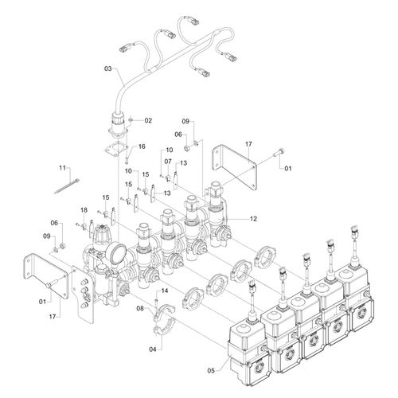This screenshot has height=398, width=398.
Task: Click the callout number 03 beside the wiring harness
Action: [107, 68]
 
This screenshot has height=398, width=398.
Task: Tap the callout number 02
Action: [148, 120]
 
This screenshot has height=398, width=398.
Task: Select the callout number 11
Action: [62, 168]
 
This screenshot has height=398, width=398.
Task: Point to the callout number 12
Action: [253, 219]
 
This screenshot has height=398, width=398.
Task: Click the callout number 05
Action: [211, 371]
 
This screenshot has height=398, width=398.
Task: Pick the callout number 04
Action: [153, 349]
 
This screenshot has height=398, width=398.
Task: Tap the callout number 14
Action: [165, 291]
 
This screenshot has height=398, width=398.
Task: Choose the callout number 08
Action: [140, 308]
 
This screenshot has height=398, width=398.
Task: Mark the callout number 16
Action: [142, 146]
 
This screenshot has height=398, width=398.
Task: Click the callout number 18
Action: [84, 210]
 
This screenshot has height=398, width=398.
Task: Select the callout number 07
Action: [168, 162]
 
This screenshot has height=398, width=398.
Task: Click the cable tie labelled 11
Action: [67, 186]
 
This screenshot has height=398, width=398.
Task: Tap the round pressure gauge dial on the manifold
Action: [116, 254]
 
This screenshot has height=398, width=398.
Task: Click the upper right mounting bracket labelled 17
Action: [233, 166]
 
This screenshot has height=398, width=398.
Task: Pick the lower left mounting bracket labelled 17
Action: [45, 276]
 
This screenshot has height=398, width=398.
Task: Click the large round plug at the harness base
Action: [118, 124]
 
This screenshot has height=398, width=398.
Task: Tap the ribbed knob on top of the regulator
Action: [102, 233]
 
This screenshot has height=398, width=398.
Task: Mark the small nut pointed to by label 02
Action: [131, 120]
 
